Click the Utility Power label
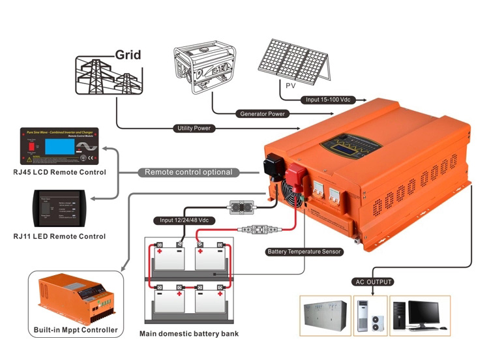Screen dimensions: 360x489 (x=194, y=128)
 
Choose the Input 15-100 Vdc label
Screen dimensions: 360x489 (x=327, y=100)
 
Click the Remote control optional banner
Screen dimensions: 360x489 (x=188, y=172)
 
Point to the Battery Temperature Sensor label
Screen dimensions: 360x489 (x=303, y=251)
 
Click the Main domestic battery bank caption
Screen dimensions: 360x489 (x=189, y=333)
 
